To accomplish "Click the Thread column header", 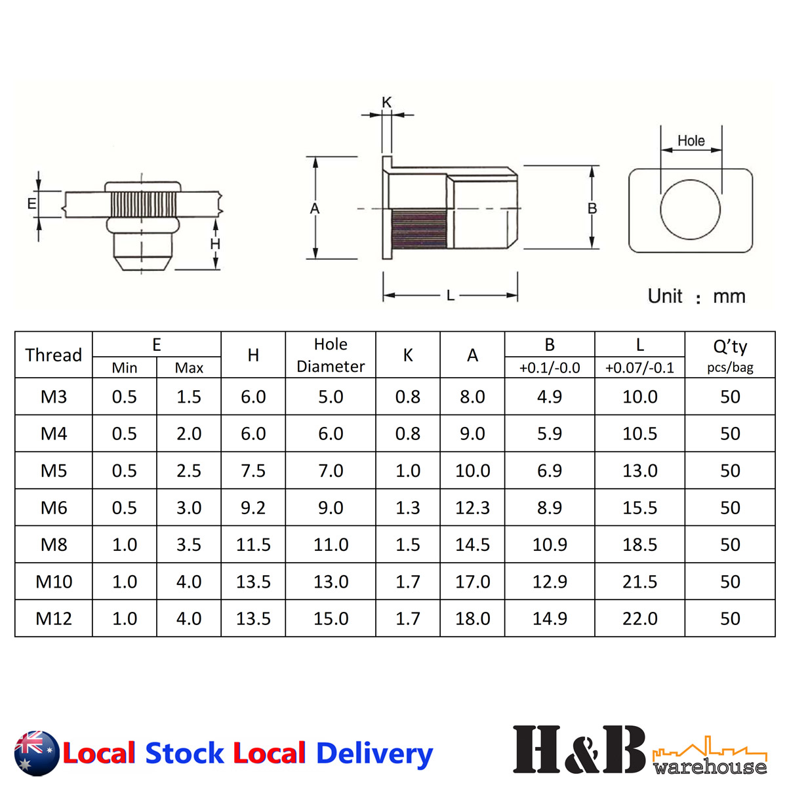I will pyautogui.click(x=54, y=355).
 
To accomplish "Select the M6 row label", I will pyautogui.click(x=54, y=508).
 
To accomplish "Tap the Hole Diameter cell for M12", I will pyautogui.click(x=331, y=618).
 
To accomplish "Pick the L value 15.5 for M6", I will pyautogui.click(x=639, y=508).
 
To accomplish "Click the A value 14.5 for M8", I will pyautogui.click(x=472, y=544).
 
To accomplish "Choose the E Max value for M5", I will pyautogui.click(x=189, y=471).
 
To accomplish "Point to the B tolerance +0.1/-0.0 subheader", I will pyautogui.click(x=550, y=368).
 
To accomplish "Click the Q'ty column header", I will pyautogui.click(x=730, y=347).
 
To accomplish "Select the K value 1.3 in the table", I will pyautogui.click(x=408, y=508).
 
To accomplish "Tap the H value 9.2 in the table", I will pyautogui.click(x=253, y=508).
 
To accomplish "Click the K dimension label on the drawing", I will pyautogui.click(x=386, y=102).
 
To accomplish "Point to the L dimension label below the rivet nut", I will pyautogui.click(x=451, y=296).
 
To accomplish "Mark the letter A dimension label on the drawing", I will pyautogui.click(x=315, y=209).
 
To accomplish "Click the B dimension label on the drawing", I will pyautogui.click(x=592, y=209).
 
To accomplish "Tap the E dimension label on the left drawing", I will pyautogui.click(x=31, y=204).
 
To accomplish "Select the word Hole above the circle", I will pyautogui.click(x=691, y=140).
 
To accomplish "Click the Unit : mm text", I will pyautogui.click(x=696, y=296).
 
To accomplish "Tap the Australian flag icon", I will pyautogui.click(x=37, y=753).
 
